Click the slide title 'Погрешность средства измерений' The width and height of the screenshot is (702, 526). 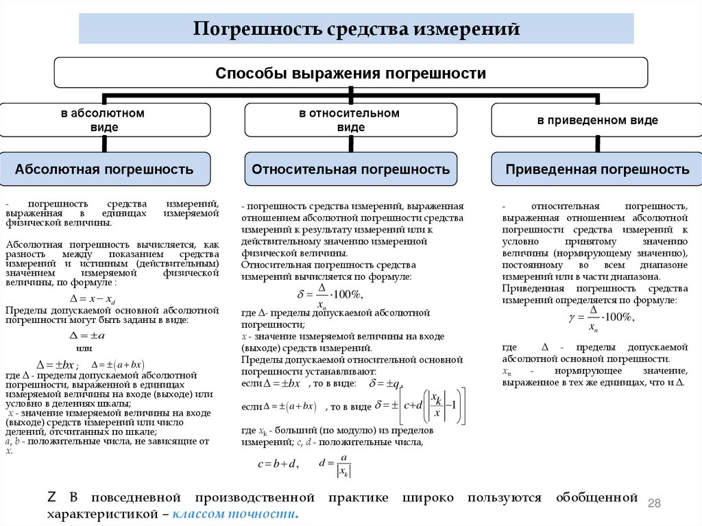tap(356, 29)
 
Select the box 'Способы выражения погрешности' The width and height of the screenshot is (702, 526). tap(350, 73)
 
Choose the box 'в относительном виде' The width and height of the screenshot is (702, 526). tap(350, 120)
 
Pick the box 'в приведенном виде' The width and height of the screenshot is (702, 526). tap(597, 120)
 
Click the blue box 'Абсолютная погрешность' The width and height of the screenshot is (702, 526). tap(104, 169)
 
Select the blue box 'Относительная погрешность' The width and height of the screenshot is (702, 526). tap(350, 169)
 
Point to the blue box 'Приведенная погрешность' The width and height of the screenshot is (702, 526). tap(597, 169)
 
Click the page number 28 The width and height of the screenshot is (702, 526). tap(654, 504)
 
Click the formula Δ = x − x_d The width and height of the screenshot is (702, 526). tap(93, 299)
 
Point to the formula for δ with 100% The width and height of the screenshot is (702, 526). tap(329, 294)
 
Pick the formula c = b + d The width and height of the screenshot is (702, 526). tap(278, 464)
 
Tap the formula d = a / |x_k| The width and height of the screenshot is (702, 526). tap(335, 464)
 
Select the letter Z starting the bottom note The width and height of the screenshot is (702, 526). tap(51, 497)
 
